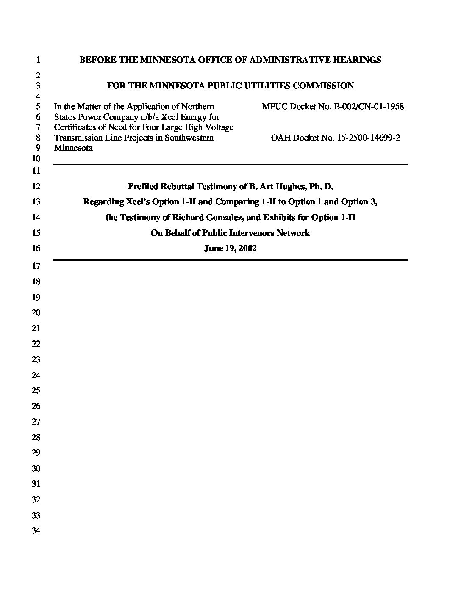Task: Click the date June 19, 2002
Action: (x=230, y=248)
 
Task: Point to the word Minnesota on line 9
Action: (x=73, y=148)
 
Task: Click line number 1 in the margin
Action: (x=38, y=60)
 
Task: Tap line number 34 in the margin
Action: (x=36, y=530)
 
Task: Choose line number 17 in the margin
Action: (x=36, y=266)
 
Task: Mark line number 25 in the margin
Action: (x=36, y=390)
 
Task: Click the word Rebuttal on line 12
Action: (x=173, y=186)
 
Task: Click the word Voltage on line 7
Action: (x=219, y=127)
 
